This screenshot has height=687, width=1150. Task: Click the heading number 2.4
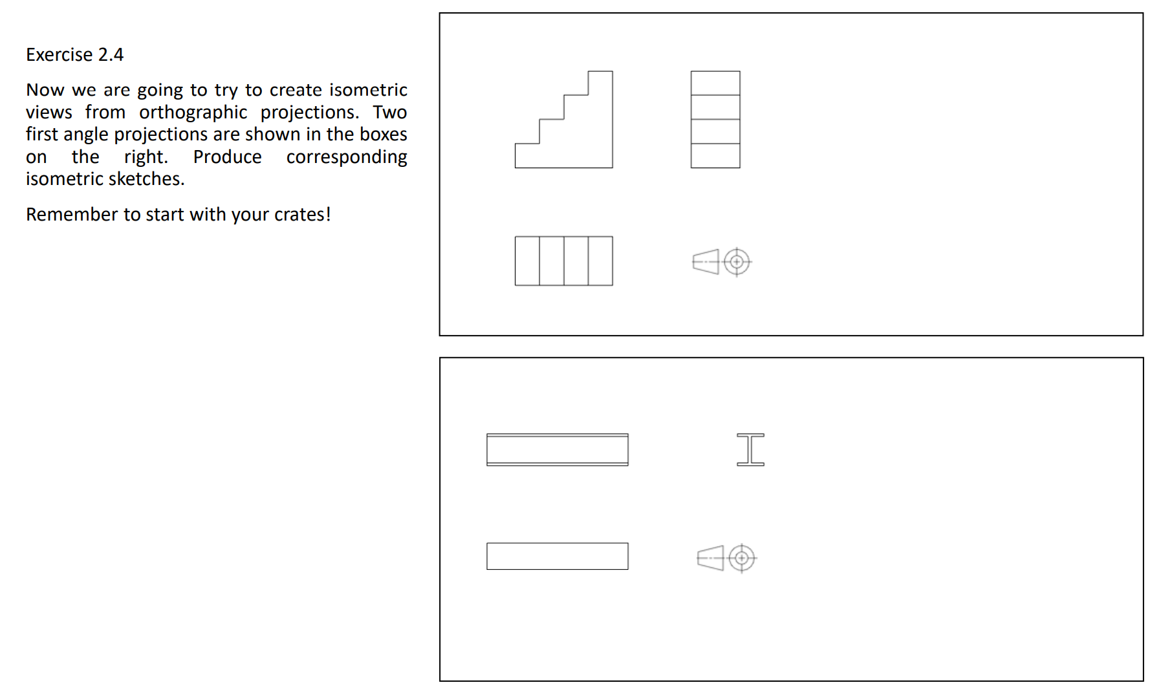[x=111, y=55]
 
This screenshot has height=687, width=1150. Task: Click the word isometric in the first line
[x=368, y=90]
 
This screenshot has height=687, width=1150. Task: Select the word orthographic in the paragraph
[x=193, y=113]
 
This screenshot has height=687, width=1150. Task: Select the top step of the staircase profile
[x=600, y=83]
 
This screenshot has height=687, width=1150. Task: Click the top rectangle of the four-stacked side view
[x=715, y=83]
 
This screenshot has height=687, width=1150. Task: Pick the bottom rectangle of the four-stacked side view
[x=715, y=156]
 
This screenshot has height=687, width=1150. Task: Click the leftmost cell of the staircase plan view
[x=527, y=261]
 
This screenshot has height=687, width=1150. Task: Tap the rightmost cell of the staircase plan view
[x=600, y=261]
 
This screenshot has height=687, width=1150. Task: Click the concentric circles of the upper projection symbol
[x=736, y=262]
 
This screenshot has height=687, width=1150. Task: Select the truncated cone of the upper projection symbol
[x=706, y=262]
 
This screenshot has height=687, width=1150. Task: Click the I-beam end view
[x=750, y=450]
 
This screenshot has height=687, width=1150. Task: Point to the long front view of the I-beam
[x=557, y=450]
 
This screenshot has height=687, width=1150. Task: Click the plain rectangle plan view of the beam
[x=557, y=556]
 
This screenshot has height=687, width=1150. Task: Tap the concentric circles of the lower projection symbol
[x=742, y=558]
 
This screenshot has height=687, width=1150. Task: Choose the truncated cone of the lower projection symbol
[x=711, y=558]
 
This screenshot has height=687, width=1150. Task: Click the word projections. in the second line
[x=309, y=113]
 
